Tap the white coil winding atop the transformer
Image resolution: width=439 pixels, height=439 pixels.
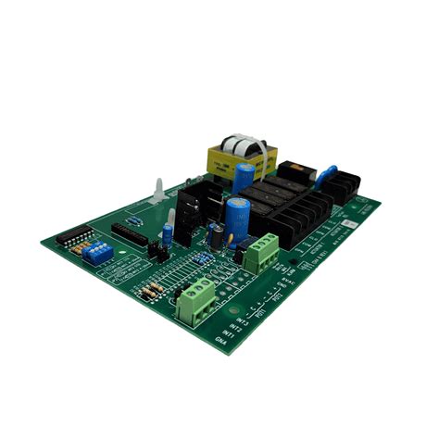coord(247,144)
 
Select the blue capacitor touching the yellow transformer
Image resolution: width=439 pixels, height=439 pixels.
coord(244,178)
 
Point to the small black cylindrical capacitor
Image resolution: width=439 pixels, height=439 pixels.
coord(214,236)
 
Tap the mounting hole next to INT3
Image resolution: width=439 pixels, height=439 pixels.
coord(233,307)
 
